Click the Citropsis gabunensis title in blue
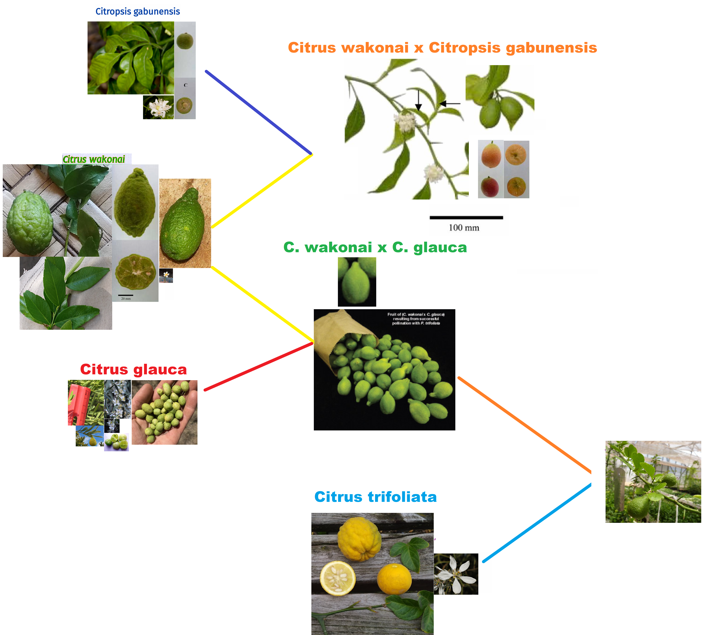click(x=138, y=11)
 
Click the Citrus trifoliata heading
click(x=375, y=497)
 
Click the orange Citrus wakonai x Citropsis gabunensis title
click(x=442, y=48)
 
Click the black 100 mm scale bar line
click(x=466, y=217)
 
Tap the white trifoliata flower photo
click(x=455, y=574)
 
